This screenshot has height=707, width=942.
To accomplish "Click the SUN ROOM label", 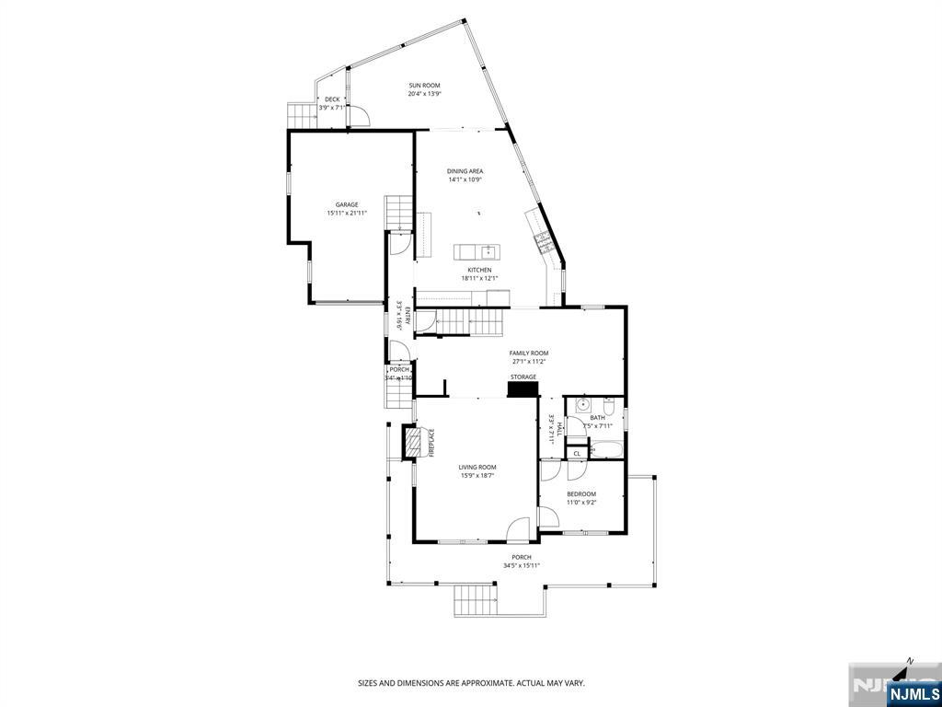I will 424,86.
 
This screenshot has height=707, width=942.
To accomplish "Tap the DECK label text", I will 331,99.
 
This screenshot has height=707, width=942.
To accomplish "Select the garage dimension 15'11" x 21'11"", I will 347,214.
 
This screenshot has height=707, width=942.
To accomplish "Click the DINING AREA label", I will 465,171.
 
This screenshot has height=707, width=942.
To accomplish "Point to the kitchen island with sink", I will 476,251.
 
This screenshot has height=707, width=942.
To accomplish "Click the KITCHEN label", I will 478,270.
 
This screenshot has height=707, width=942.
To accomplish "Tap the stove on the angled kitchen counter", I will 543,241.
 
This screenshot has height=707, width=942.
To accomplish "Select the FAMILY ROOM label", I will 529,353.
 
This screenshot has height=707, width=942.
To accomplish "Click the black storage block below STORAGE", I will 523,389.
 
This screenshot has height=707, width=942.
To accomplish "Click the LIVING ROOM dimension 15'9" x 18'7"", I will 477,475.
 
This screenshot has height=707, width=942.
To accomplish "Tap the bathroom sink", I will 583,405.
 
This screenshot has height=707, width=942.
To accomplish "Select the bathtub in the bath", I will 606,450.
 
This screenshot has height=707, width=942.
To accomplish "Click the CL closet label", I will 577,453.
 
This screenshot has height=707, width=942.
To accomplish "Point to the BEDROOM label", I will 581,494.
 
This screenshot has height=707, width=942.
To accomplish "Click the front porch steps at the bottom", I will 475,600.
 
